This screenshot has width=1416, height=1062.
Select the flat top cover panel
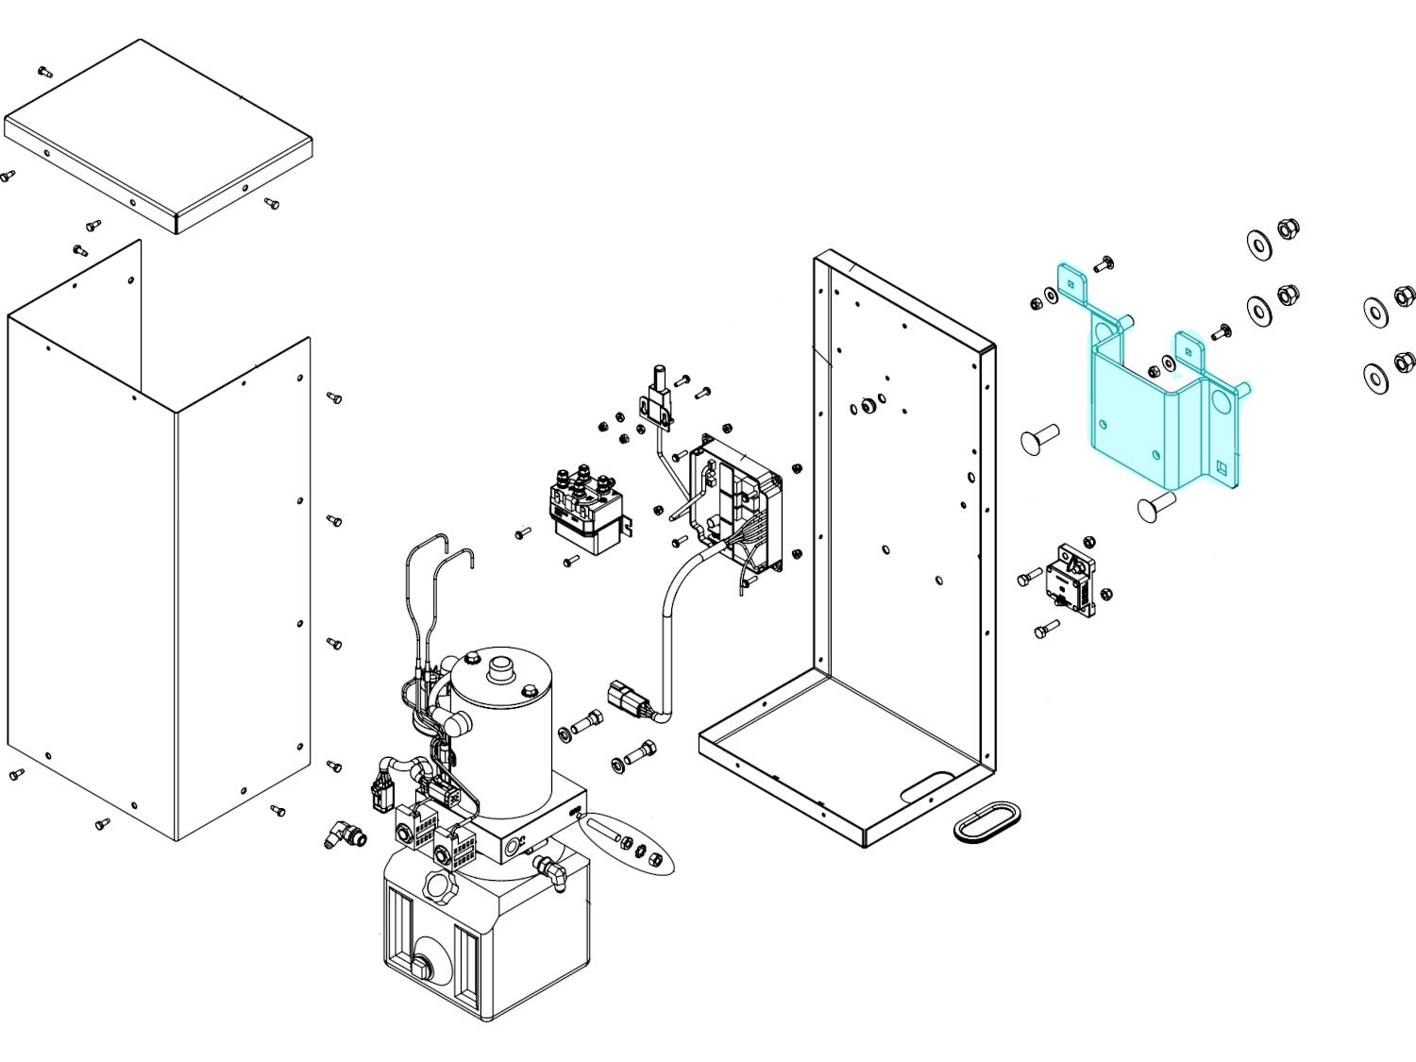pos(156,132)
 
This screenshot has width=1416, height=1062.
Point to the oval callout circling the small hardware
pos(628,842)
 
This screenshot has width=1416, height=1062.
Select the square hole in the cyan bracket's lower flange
pos(1222,464)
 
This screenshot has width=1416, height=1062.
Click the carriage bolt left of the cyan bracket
pos(1037,438)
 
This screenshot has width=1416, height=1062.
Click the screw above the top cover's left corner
pos(42,72)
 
